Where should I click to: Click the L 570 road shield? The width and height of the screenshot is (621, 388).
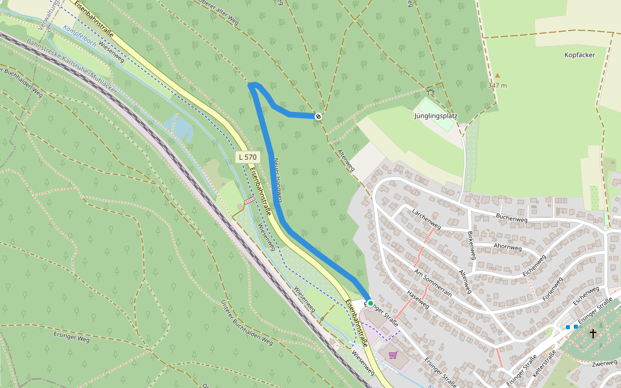point(248,156)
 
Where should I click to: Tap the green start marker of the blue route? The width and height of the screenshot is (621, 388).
point(371,303)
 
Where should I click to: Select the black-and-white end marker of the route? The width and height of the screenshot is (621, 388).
point(318,116)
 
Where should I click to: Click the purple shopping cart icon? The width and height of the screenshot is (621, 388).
point(393,354)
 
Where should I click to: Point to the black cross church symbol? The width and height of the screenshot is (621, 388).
point(593,334)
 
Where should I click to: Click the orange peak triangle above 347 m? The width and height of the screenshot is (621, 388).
point(497,75)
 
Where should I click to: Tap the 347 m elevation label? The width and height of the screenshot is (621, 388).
point(497,85)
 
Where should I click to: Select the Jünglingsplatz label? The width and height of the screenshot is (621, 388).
point(436,116)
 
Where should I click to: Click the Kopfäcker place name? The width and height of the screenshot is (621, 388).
point(579,55)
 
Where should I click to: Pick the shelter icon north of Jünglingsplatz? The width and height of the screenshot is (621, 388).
point(431,92)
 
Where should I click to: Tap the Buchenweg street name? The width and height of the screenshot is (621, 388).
point(512,216)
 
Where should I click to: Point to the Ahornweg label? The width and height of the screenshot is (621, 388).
point(507,246)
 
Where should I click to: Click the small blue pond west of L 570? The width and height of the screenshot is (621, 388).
point(181,127)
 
